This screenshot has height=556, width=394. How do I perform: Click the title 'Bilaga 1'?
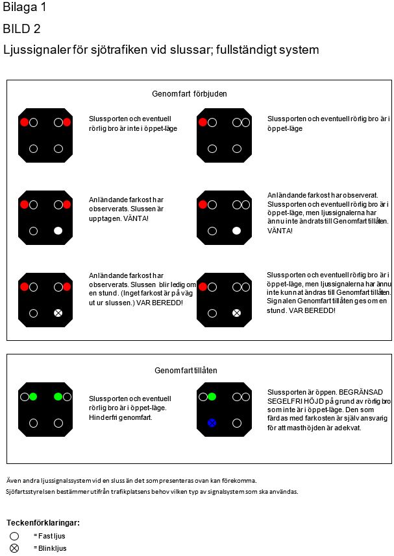(24, 8)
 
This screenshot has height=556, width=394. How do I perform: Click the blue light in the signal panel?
(212, 423)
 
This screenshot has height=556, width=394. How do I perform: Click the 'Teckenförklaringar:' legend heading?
(43, 522)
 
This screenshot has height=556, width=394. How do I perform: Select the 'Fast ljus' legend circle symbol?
(14, 537)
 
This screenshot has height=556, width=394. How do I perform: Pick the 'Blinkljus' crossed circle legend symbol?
(14, 548)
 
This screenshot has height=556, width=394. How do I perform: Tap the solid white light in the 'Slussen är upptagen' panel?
(58, 231)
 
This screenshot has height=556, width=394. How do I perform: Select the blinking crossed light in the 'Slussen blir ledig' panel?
(58, 313)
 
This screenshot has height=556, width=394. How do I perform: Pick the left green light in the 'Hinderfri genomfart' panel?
(33, 397)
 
